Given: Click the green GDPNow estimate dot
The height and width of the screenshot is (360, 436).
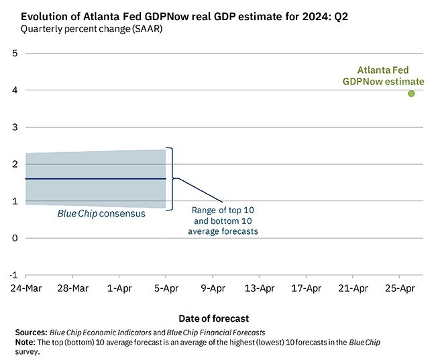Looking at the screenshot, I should tap(411, 93).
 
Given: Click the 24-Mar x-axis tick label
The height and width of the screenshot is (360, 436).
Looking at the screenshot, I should tap(25, 289).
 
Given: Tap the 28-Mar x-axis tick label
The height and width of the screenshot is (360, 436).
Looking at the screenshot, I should tap(72, 289).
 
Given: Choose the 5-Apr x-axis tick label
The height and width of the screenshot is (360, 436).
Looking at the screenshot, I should tap(166, 289).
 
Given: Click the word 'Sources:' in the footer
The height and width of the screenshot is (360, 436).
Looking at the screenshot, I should tap(31, 333).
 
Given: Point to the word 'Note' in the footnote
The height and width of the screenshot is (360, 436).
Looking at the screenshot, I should tap(24, 342).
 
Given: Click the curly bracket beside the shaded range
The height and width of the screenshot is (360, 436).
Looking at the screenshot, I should tap(172, 178).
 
